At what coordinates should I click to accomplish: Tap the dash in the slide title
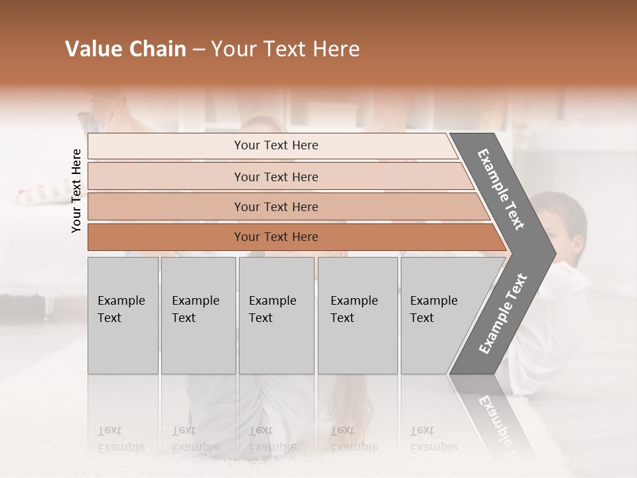(x=198, y=50)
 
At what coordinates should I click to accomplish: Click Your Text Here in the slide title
(x=285, y=49)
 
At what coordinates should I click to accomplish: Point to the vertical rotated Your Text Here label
(x=76, y=191)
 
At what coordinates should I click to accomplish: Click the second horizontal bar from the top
(x=275, y=177)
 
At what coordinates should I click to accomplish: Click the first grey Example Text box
(x=123, y=315)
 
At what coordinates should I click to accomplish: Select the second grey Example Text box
(x=198, y=315)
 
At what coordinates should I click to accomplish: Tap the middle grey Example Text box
(x=276, y=315)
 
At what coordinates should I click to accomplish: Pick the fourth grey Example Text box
(x=358, y=315)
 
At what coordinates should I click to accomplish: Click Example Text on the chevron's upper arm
(x=501, y=190)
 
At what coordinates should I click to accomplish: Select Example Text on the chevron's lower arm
(x=502, y=314)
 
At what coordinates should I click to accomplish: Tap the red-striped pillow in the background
(x=36, y=195)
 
